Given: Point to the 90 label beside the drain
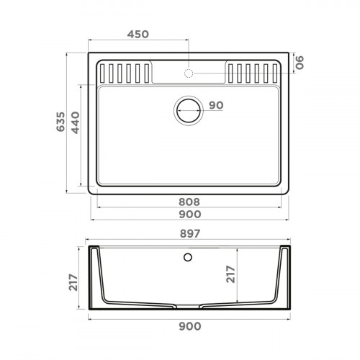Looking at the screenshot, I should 215,105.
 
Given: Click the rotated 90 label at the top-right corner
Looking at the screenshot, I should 302,63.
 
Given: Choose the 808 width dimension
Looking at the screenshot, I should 189,202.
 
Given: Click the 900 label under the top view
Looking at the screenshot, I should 189,215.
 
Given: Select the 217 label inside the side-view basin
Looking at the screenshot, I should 230,274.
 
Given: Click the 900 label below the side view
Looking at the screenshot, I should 189,327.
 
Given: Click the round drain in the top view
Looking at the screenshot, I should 189,110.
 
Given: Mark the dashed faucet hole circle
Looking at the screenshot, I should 189,73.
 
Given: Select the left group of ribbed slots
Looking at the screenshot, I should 126,73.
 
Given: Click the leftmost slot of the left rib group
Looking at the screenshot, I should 104,73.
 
